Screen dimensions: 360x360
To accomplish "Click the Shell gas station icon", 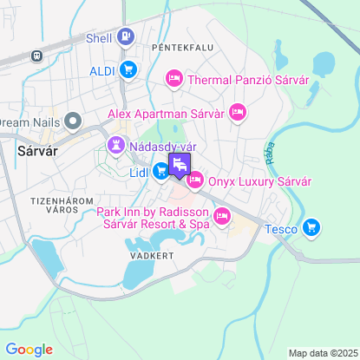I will pyautogui.click(x=127, y=36).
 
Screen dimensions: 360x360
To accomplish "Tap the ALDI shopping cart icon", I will pyautogui.click(x=128, y=69).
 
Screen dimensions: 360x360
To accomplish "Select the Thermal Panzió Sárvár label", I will pyautogui.click(x=247, y=81).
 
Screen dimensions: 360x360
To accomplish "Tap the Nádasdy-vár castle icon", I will pyautogui.click(x=115, y=145).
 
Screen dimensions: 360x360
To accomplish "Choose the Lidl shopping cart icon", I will pyautogui.click(x=161, y=172).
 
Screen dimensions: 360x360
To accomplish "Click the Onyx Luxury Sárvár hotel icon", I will pyautogui.click(x=194, y=180).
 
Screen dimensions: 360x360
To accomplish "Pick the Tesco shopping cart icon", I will pyautogui.click(x=312, y=229).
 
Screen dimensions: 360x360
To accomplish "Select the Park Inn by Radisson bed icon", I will pyautogui.click(x=222, y=216).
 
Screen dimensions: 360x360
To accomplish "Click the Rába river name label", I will pyautogui.click(x=265, y=153).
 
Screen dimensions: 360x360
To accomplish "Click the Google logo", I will pyautogui.click(x=29, y=350).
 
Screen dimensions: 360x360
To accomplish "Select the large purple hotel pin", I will pyautogui.click(x=180, y=165).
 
